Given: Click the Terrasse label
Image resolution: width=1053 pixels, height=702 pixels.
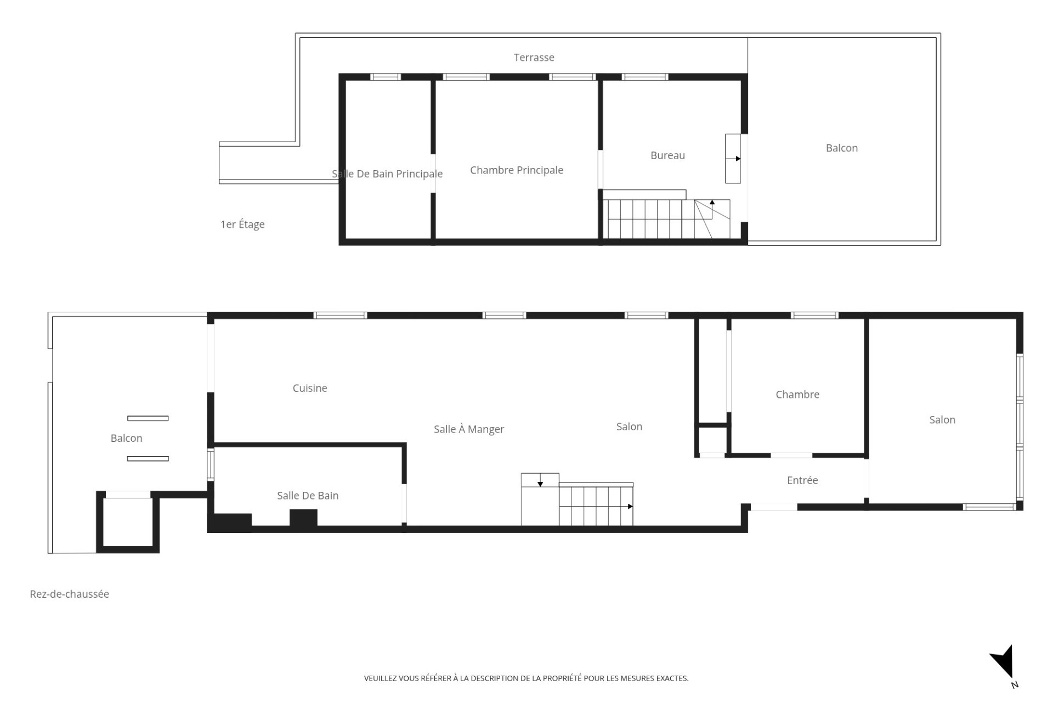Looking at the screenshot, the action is pyautogui.click(x=534, y=57).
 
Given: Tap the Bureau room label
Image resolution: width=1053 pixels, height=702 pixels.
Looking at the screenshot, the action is pyautogui.click(x=667, y=155).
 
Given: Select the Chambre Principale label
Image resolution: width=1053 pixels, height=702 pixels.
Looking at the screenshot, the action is pyautogui.click(x=517, y=170).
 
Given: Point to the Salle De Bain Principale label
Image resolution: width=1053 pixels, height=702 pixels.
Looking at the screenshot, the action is pyautogui.click(x=387, y=174).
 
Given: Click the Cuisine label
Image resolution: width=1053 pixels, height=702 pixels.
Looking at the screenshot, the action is pyautogui.click(x=310, y=388).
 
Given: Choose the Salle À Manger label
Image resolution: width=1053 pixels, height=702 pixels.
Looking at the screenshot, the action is pyautogui.click(x=469, y=429).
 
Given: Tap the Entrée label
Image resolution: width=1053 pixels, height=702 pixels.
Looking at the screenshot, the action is pyautogui.click(x=802, y=480).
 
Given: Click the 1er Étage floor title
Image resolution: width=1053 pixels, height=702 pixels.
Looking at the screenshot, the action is pyautogui.click(x=242, y=224).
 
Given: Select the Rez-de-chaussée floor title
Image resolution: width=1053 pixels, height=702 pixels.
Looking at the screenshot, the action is pyautogui.click(x=70, y=594).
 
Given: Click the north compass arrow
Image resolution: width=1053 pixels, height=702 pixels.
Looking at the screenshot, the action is pyautogui.click(x=1003, y=662).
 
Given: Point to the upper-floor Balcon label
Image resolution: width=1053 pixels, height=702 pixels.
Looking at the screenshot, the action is pyautogui.click(x=842, y=148).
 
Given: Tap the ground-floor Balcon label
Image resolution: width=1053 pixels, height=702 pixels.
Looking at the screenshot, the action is pyautogui.click(x=126, y=438).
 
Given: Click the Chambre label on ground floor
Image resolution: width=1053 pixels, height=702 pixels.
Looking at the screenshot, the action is pyautogui.click(x=797, y=394).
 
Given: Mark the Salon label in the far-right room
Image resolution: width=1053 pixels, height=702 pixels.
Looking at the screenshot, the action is pyautogui.click(x=942, y=420).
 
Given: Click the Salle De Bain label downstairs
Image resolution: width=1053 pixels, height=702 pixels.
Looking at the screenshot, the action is pyautogui.click(x=308, y=496).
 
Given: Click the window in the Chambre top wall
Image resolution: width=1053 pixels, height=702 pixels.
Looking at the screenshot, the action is pyautogui.click(x=814, y=315).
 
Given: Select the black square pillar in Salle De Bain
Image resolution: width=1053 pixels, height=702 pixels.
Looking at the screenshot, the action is pyautogui.click(x=303, y=519).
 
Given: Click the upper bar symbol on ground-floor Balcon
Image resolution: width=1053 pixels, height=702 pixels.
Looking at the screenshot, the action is pyautogui.click(x=148, y=418).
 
